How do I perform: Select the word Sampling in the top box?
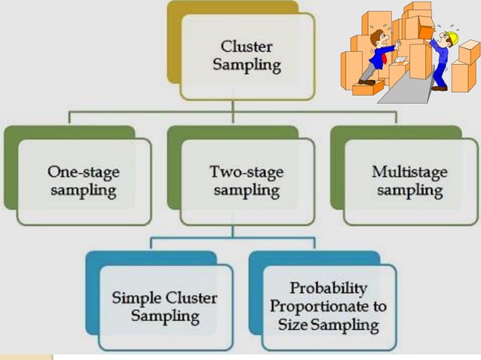[x=246, y=66]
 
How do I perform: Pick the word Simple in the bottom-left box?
[x=138, y=297]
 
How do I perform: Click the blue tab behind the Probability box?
[x=256, y=294]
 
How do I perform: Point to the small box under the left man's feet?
[x=368, y=88]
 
